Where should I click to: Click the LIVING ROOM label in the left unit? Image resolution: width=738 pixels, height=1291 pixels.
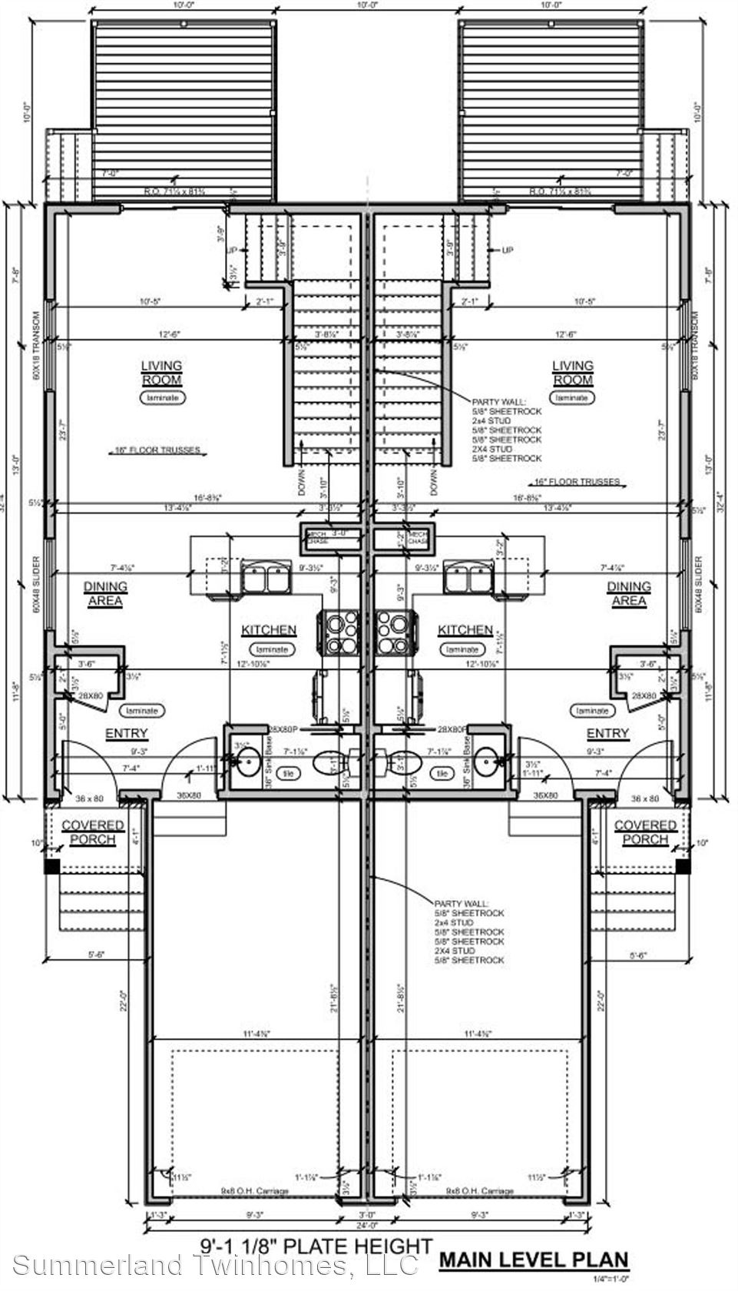point(161,373)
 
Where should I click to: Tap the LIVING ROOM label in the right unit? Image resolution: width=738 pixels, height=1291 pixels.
point(573,373)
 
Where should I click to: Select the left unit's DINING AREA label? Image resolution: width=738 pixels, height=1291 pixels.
point(105,593)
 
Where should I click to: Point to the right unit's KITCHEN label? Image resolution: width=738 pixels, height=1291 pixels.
point(465,630)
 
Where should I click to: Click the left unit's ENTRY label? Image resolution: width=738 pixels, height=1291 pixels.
point(126,734)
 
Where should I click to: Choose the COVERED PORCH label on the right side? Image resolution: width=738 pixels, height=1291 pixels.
point(645,832)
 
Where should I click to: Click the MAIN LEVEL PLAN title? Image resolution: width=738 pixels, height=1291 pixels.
point(534,1260)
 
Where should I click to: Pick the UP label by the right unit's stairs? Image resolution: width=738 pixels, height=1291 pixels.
point(507,251)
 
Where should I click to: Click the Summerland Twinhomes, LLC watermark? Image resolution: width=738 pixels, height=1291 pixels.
point(215,1264)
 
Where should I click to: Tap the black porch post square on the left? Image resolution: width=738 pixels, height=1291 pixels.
point(52,865)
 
